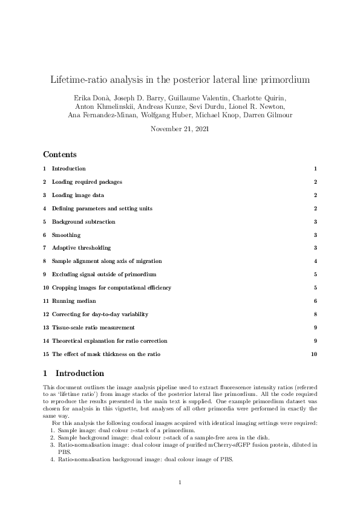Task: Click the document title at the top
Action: [x=180, y=80]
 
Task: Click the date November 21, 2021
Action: [x=180, y=129]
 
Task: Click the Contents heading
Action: [x=60, y=155]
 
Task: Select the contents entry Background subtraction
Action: [x=83, y=221]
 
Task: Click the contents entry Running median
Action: [x=74, y=300]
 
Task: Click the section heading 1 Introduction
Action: [x=73, y=374]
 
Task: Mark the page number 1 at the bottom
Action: [x=180, y=482]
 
